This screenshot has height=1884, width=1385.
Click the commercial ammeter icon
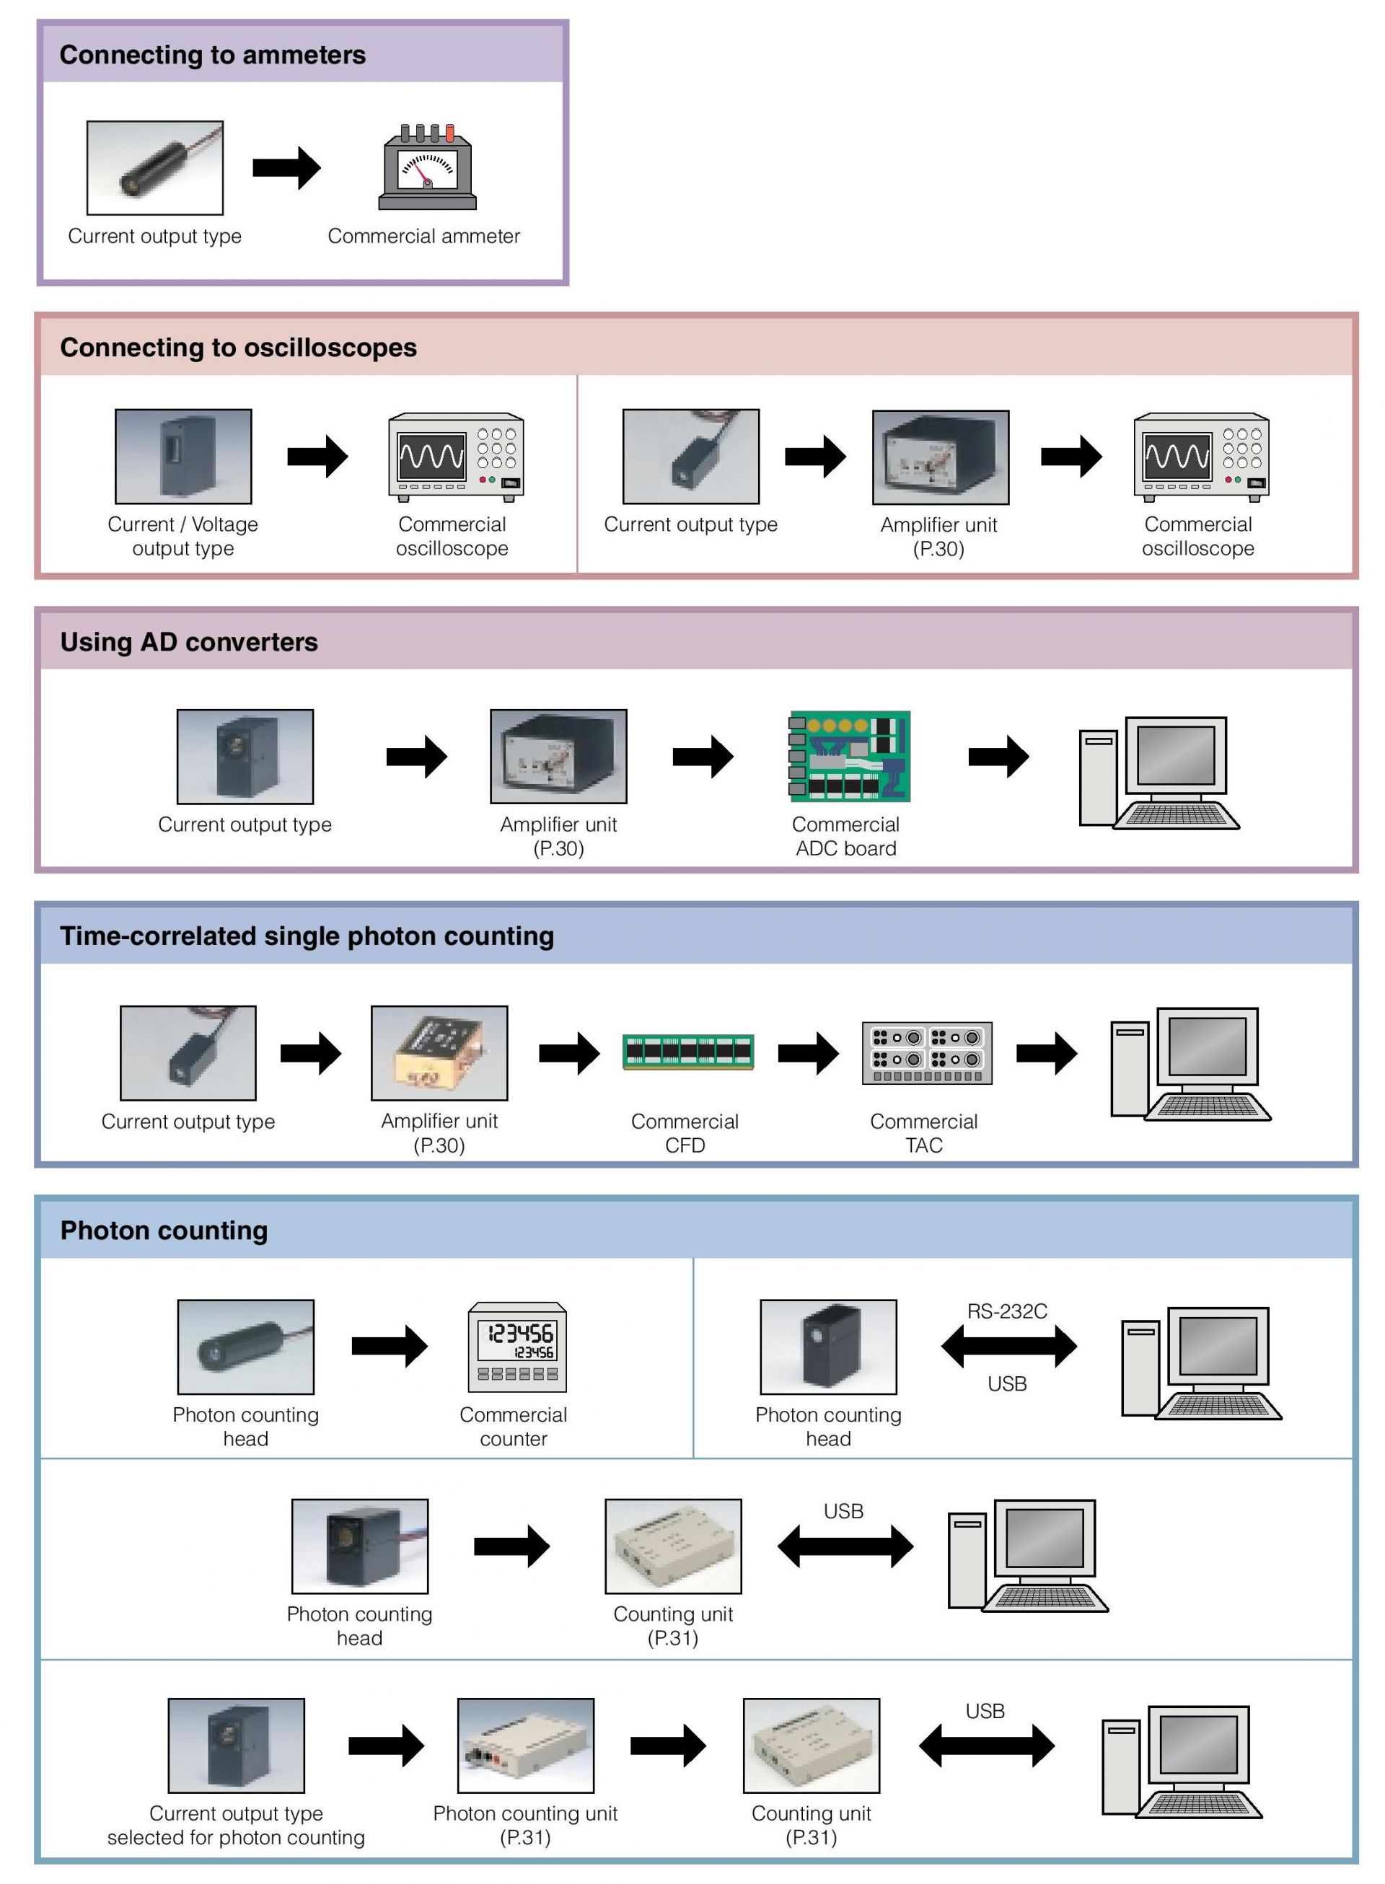(427, 167)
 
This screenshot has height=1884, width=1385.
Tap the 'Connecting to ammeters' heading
(212, 56)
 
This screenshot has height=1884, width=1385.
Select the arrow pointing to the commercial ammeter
(286, 167)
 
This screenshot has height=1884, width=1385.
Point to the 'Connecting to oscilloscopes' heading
(238, 348)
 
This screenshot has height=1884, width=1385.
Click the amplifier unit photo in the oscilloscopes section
(940, 457)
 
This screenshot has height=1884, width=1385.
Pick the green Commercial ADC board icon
(849, 757)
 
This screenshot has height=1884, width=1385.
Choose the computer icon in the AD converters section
(1158, 772)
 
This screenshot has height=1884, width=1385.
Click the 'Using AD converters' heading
(189, 642)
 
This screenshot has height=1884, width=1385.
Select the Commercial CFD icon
(687, 1052)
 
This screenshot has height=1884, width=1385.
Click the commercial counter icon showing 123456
(516, 1347)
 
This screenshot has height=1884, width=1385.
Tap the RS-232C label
(1007, 1311)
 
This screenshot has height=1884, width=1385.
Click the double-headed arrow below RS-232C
(1008, 1347)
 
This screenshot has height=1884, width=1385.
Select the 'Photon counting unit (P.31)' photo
(526, 1746)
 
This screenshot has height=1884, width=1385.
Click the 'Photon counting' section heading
(164, 1231)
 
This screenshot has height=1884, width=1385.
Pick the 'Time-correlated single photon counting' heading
(306, 936)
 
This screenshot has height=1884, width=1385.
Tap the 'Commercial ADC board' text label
(845, 837)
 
